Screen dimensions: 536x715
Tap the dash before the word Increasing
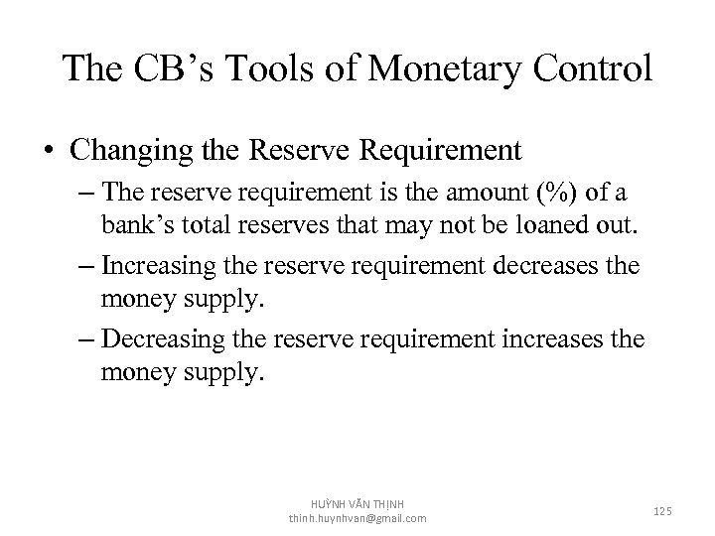pos(85,268)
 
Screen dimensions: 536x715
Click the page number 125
pos(662,510)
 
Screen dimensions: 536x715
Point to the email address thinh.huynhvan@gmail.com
pos(357,518)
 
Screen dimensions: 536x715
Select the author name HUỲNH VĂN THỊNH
pos(357,503)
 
